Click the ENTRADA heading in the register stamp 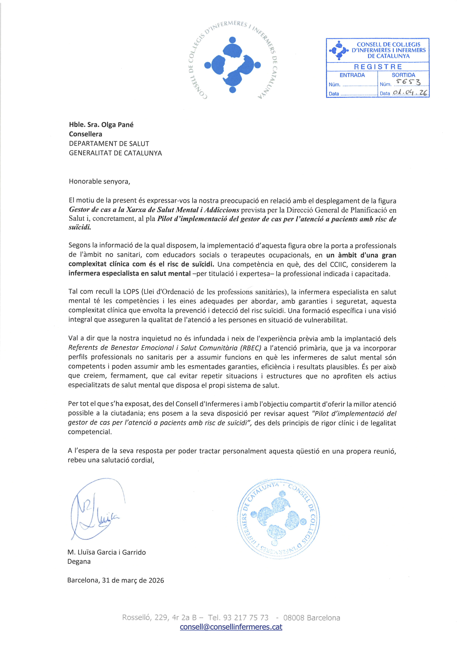click(x=352, y=75)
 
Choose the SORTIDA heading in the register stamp click(x=403, y=75)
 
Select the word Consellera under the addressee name click(x=86, y=134)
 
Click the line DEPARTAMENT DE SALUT click(x=109, y=144)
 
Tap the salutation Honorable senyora click(x=99, y=181)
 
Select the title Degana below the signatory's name click(x=79, y=562)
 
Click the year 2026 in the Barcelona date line click(x=156, y=580)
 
